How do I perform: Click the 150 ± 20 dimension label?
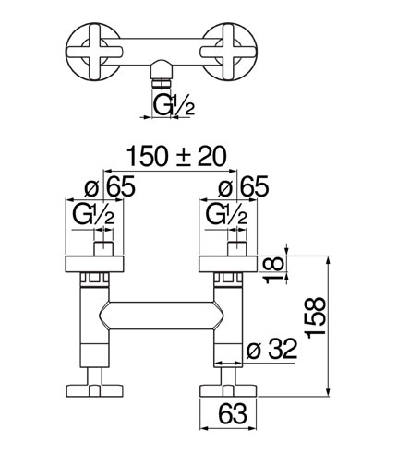click(x=176, y=157)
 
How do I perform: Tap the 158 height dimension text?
click(x=316, y=317)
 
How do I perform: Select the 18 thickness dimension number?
click(x=273, y=269)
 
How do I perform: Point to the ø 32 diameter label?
click(x=271, y=349)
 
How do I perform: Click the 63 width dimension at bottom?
click(x=233, y=413)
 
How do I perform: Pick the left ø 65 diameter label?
click(x=110, y=186)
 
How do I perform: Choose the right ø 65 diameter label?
click(x=243, y=186)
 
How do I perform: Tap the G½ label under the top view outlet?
click(x=174, y=105)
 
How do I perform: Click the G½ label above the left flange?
click(x=93, y=214)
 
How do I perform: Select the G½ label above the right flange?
click(x=226, y=214)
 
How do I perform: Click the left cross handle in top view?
click(x=93, y=52)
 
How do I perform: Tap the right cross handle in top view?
click(x=228, y=52)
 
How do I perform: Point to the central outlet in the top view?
click(x=162, y=74)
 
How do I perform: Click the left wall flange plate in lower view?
click(x=94, y=264)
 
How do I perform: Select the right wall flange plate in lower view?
click(x=228, y=264)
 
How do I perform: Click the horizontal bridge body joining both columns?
click(x=161, y=316)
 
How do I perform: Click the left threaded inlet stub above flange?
click(x=103, y=249)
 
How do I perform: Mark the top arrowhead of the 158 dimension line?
click(x=329, y=260)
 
